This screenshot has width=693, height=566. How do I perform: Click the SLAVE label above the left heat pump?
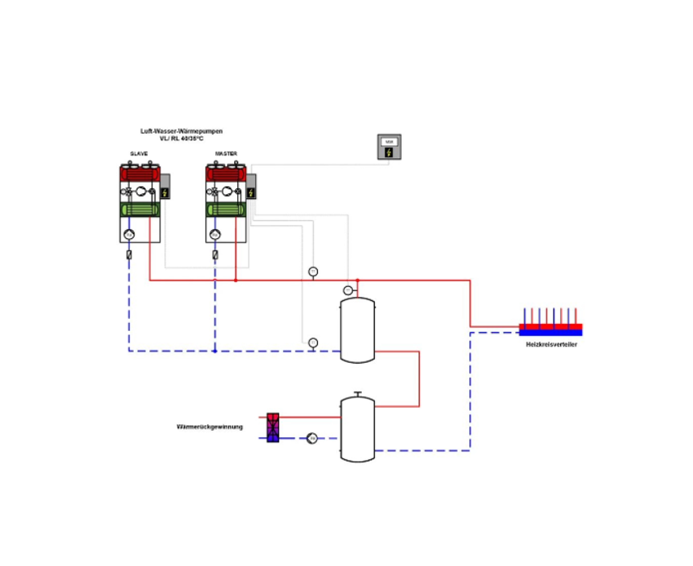click(x=139, y=153)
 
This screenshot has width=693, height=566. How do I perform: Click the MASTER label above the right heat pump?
click(x=226, y=153)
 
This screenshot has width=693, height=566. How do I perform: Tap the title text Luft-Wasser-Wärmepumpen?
click(x=181, y=130)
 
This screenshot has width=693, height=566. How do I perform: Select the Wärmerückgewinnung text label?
click(x=210, y=427)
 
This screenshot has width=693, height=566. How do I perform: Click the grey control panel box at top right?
click(x=389, y=147)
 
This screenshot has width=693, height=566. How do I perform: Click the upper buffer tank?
click(x=357, y=330)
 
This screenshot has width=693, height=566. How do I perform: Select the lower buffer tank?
click(x=357, y=428)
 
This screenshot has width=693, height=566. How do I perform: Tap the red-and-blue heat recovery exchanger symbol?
click(x=273, y=427)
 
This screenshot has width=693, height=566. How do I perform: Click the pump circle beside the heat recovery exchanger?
click(x=311, y=439)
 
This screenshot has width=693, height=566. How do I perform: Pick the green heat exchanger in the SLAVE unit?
click(x=139, y=210)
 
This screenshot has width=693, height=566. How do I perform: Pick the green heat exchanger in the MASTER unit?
click(x=226, y=210)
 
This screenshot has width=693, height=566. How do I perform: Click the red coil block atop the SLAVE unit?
click(x=139, y=173)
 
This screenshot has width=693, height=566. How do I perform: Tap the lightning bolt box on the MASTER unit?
click(x=251, y=193)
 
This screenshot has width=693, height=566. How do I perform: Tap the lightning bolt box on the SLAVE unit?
click(x=165, y=193)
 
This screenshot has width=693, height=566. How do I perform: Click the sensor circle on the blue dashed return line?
click(x=313, y=343)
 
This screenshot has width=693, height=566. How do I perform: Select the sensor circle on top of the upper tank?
click(x=348, y=290)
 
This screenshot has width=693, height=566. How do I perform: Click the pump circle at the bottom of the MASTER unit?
click(x=215, y=235)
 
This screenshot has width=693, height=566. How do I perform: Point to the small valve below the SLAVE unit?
click(x=129, y=254)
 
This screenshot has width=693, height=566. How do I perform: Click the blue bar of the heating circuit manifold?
click(x=551, y=333)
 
